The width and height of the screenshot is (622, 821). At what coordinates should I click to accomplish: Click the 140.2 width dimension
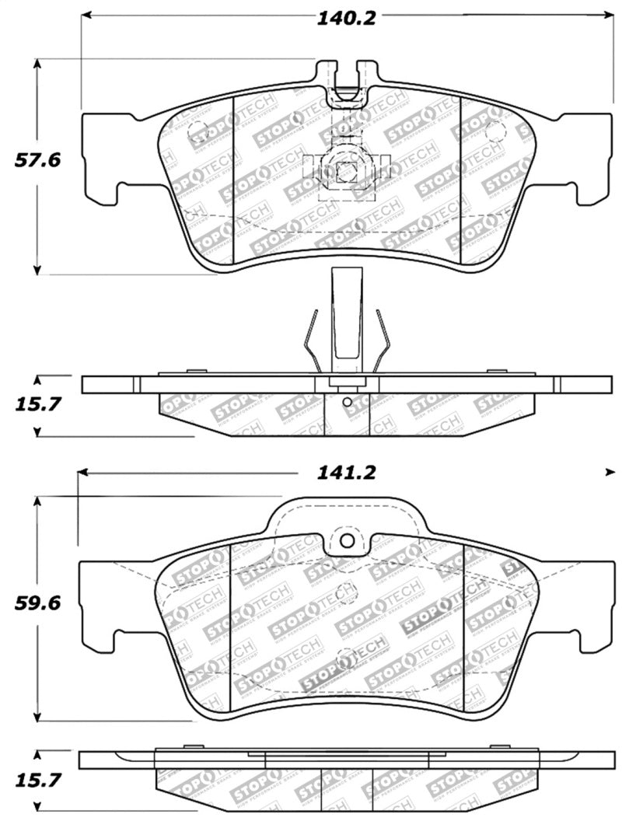pyautogui.click(x=345, y=18)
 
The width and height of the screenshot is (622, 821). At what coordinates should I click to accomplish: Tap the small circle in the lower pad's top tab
pyautogui.click(x=348, y=540)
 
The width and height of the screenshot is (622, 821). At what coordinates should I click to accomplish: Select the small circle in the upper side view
pyautogui.click(x=347, y=402)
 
